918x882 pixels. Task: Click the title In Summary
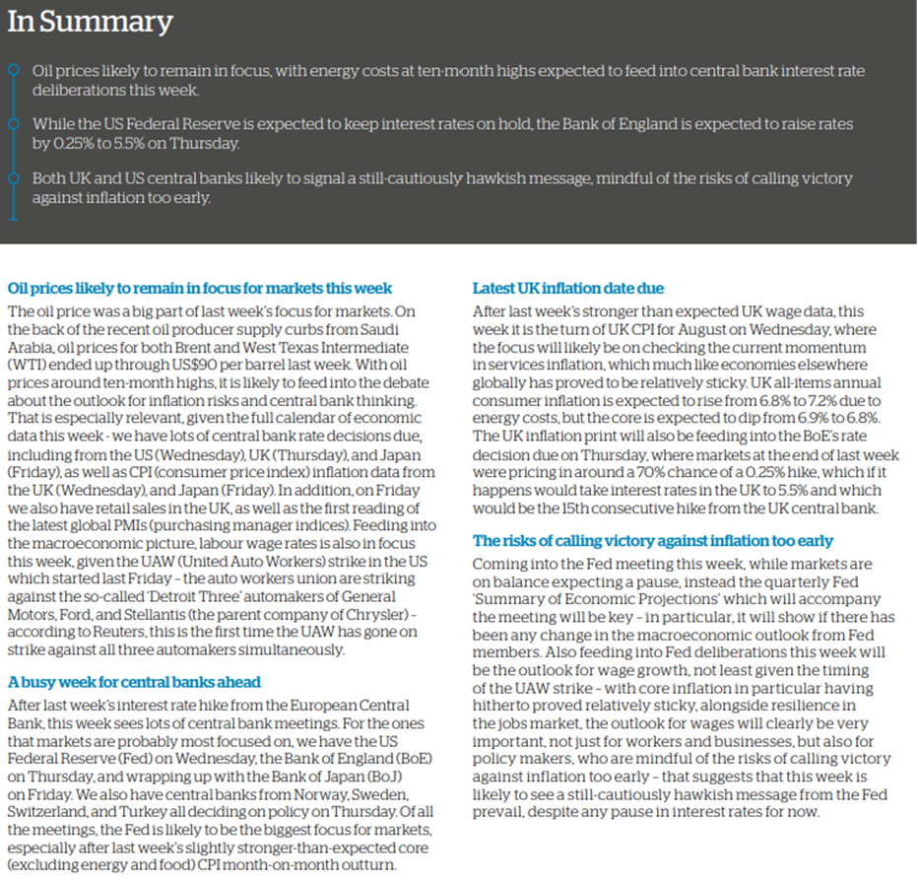90,22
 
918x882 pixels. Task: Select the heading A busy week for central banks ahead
133,682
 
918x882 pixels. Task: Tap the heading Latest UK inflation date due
568,289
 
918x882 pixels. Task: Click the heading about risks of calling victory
652,541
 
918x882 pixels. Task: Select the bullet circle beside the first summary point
12,70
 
